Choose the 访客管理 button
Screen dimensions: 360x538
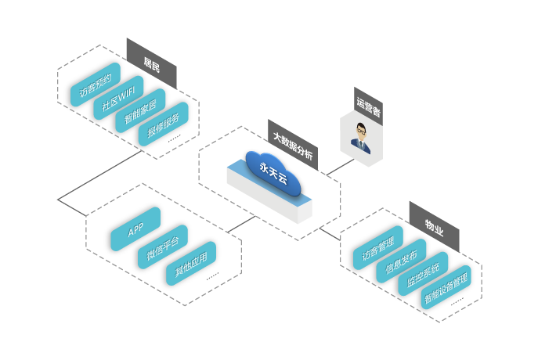(377, 248)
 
